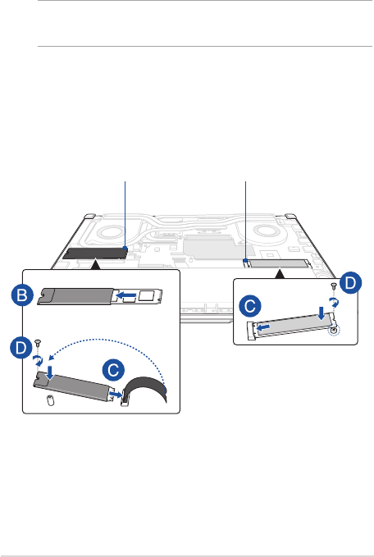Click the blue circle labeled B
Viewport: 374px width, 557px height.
click(22, 295)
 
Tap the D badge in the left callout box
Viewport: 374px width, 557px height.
click(21, 349)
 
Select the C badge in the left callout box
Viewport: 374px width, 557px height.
click(113, 371)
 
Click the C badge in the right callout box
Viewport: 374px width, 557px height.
click(250, 306)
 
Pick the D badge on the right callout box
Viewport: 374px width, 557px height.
click(350, 283)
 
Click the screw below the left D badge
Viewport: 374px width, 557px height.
click(38, 343)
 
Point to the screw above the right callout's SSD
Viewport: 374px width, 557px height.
click(334, 285)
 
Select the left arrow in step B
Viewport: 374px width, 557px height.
click(126, 294)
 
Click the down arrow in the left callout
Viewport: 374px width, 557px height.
click(50, 372)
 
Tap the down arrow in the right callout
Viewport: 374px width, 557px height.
click(322, 313)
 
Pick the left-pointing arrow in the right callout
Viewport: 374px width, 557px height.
click(263, 326)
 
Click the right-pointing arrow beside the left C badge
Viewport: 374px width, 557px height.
click(116, 395)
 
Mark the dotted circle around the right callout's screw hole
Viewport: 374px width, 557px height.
click(334, 331)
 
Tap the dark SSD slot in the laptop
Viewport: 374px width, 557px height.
click(95, 253)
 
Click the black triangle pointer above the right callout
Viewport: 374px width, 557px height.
click(280, 274)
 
